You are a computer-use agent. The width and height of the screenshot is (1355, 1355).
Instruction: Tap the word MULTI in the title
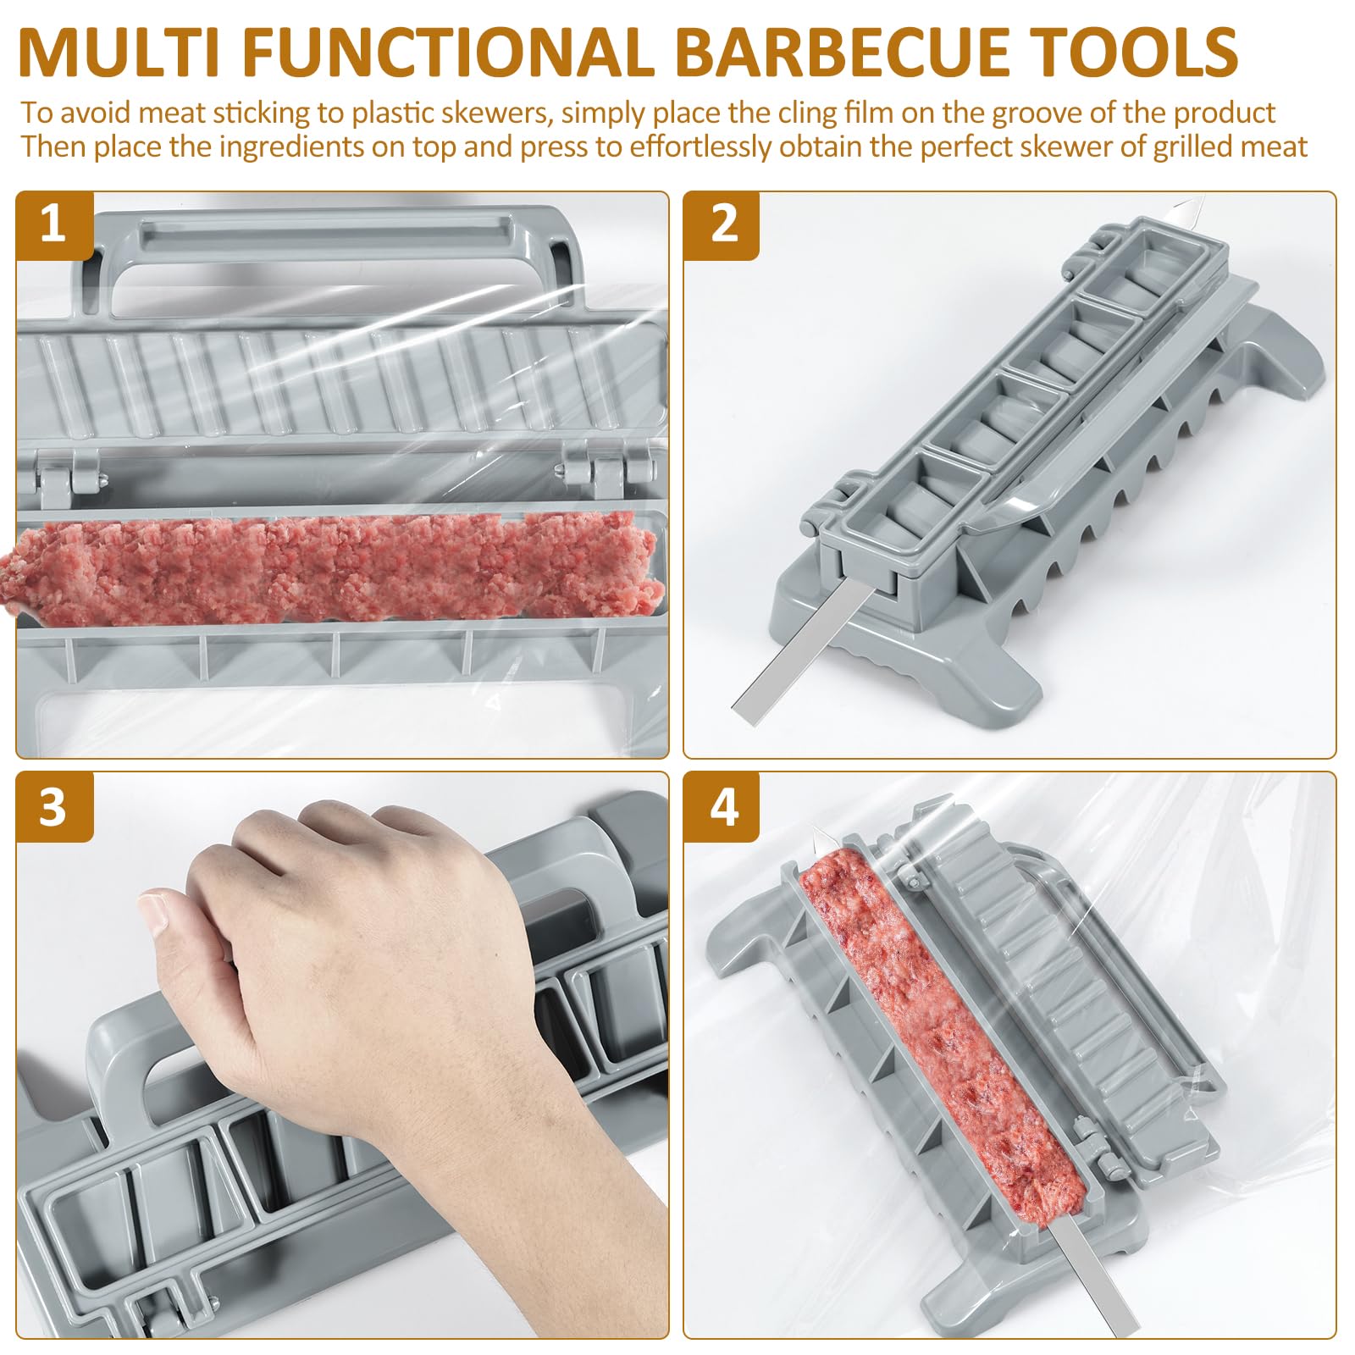pos(119,53)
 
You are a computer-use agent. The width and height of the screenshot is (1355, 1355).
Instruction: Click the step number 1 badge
pos(53,224)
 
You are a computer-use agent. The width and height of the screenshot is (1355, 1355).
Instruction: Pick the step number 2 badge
pos(722,224)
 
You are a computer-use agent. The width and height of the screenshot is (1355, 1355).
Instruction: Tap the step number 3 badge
pos(53,807)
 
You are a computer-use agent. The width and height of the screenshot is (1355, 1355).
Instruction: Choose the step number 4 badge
pos(722,807)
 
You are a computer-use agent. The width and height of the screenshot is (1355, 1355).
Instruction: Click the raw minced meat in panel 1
pos(339,563)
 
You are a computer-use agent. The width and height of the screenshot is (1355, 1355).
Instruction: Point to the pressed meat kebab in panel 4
pos(940,1025)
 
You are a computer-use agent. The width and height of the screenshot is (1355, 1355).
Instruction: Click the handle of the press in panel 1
pos(339,241)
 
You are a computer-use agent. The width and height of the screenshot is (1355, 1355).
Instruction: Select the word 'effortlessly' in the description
pos(700,147)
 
